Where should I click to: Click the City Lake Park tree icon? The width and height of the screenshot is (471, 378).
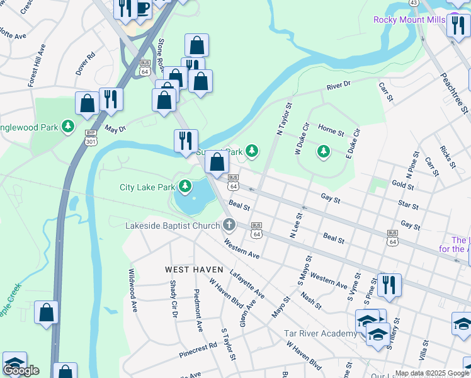[x=185, y=186]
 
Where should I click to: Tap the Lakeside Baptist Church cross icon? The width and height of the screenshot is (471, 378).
[x=229, y=224]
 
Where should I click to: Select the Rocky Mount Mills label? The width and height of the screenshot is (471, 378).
[x=409, y=20]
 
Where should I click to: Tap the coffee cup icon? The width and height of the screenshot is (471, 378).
[x=143, y=9]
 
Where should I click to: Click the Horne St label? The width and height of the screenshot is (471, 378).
[x=331, y=129]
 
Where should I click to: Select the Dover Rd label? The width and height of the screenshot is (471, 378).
[x=85, y=64]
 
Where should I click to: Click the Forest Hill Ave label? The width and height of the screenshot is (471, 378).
[x=37, y=65]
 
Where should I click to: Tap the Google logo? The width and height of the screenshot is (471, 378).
[x=21, y=370]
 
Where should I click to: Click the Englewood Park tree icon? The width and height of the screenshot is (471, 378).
[x=68, y=127]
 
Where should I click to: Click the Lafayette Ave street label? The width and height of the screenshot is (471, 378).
[x=247, y=283]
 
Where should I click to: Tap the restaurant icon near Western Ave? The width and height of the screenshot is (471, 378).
[x=390, y=285]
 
